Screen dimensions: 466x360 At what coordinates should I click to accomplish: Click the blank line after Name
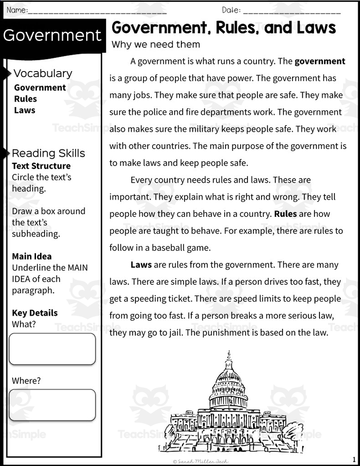point(97,11)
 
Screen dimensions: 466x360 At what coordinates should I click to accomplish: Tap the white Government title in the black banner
point(52,35)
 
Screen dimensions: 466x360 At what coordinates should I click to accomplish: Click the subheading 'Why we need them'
point(156,45)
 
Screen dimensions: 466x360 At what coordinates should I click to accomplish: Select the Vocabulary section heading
point(43,73)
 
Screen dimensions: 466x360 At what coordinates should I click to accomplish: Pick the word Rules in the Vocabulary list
point(25,99)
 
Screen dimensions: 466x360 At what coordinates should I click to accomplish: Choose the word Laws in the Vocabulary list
point(24,110)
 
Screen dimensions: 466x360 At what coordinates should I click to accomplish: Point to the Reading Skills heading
point(48,153)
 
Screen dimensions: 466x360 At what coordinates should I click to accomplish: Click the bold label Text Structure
point(41,166)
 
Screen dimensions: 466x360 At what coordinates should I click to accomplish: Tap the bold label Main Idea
point(31,256)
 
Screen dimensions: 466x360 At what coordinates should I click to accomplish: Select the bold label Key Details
point(35,313)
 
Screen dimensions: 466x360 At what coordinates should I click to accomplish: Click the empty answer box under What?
point(52,349)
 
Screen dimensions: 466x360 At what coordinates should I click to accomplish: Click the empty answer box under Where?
point(52,405)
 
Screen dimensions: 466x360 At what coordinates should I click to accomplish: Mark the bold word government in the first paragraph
point(319,61)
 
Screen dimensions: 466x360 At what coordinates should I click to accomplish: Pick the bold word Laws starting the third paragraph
point(141,265)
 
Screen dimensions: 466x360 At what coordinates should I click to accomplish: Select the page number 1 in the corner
point(355,459)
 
